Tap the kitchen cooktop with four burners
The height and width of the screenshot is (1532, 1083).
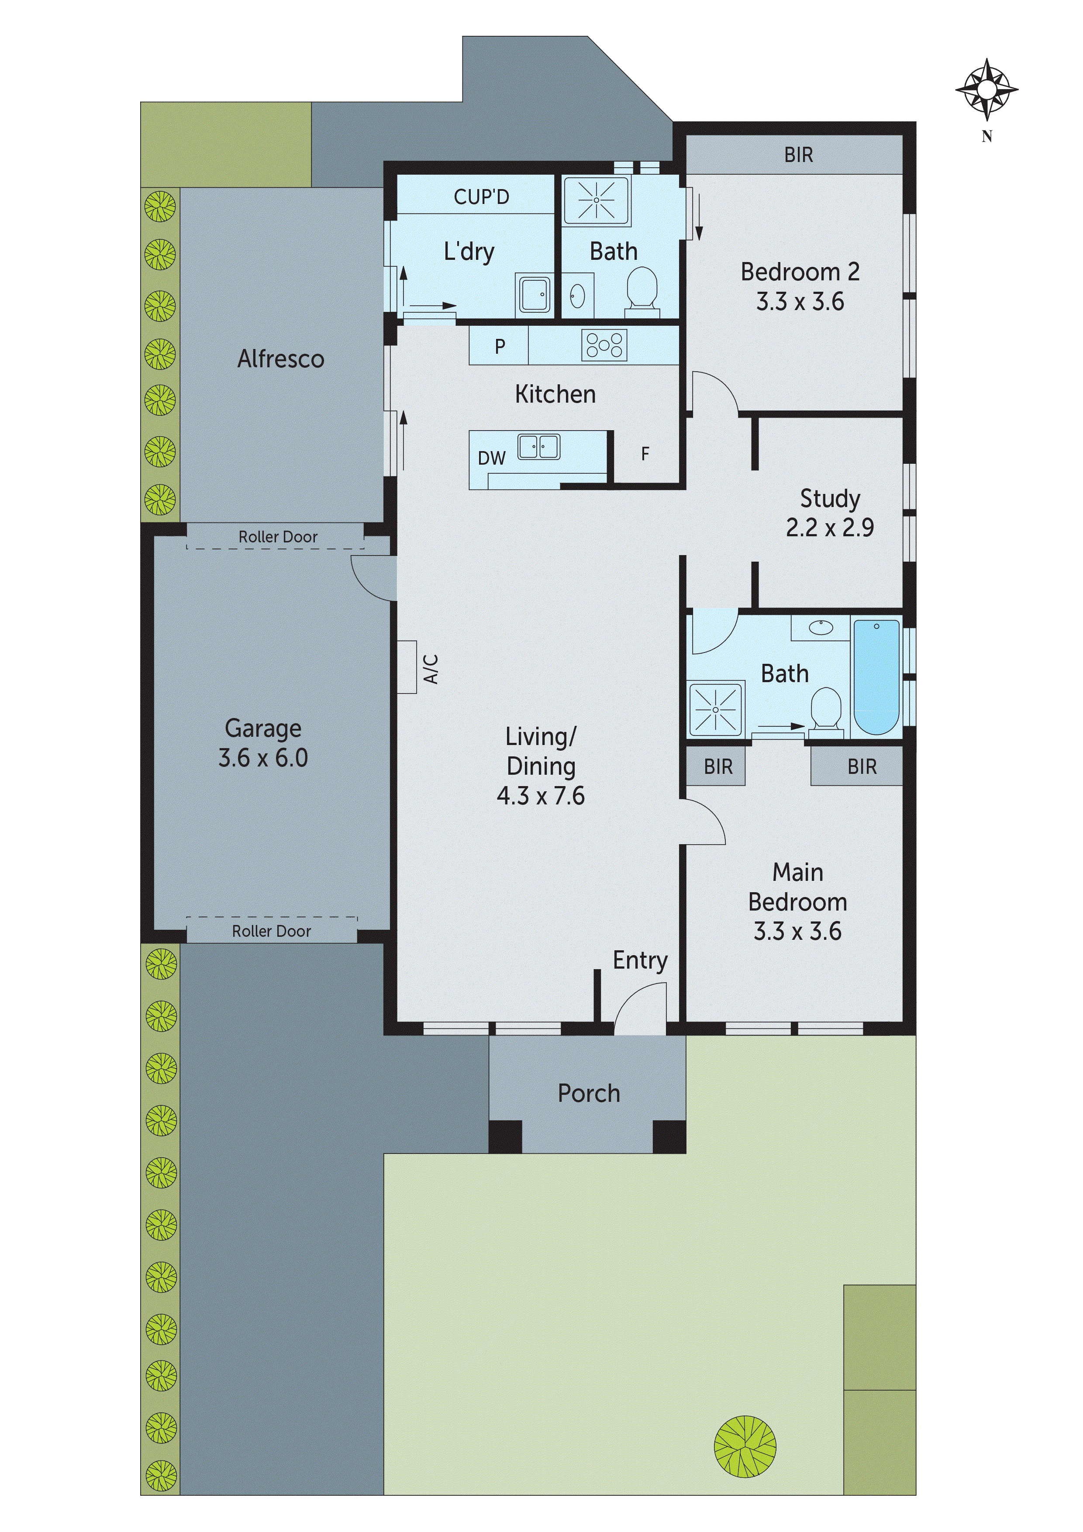click(604, 345)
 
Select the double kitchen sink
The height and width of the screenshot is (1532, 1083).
click(539, 446)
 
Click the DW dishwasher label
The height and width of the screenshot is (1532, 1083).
click(491, 459)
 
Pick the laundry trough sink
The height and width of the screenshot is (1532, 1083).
click(534, 293)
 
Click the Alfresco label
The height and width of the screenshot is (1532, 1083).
click(281, 359)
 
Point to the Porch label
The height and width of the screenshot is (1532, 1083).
click(589, 1093)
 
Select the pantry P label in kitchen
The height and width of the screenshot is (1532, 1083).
click(499, 346)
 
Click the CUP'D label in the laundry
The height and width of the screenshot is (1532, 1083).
click(481, 197)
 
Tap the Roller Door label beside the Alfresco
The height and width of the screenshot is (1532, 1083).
click(278, 536)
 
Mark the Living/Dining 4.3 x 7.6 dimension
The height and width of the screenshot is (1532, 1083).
click(541, 795)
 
